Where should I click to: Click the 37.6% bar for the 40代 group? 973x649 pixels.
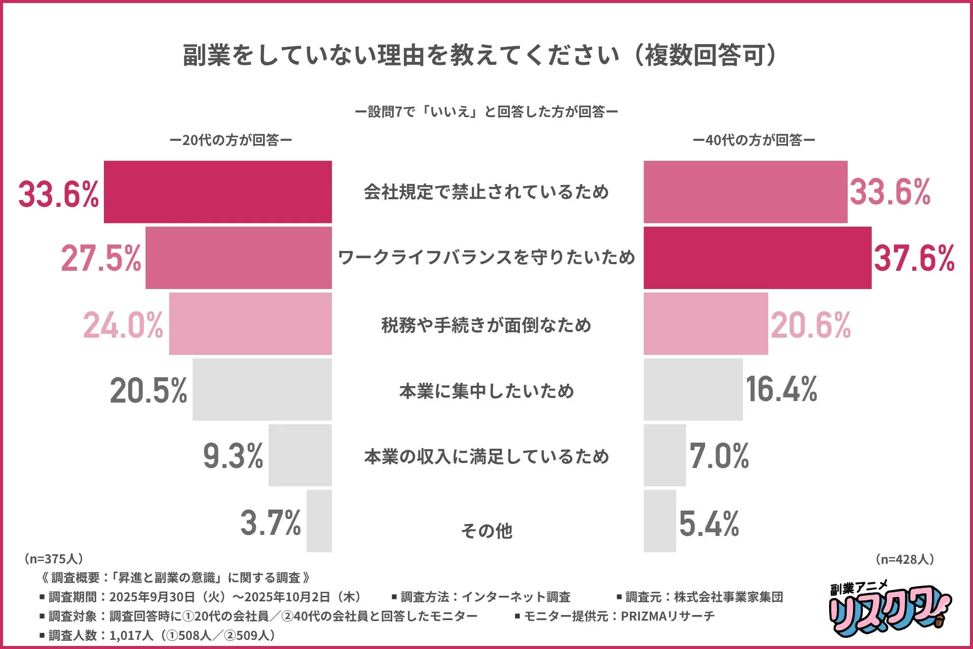tap(757, 258)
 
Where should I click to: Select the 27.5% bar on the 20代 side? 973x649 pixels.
tap(238, 258)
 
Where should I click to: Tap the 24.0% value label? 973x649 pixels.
tap(123, 324)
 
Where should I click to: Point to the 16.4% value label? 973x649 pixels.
tap(781, 389)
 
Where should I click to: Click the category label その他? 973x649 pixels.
tap(486, 530)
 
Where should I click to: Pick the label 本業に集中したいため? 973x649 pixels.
tap(486, 390)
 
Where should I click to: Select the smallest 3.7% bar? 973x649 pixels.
tap(319, 521)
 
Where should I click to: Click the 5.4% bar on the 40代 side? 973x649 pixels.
tap(659, 521)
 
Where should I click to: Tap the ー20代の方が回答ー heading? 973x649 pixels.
tap(231, 140)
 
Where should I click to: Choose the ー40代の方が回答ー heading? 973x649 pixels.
tap(754, 140)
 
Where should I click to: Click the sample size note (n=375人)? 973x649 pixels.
tap(53, 558)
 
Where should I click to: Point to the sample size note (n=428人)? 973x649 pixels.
tap(905, 559)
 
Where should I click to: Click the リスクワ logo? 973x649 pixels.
tap(889, 611)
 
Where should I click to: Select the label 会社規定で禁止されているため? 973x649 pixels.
tap(486, 192)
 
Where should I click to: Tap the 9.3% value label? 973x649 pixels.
tap(233, 455)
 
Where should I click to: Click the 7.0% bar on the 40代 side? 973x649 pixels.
tap(664, 455)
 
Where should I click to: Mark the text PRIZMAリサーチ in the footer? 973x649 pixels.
tap(667, 616)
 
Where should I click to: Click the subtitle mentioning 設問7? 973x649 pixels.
tap(486, 112)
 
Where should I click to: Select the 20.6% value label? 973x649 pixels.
tap(810, 324)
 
